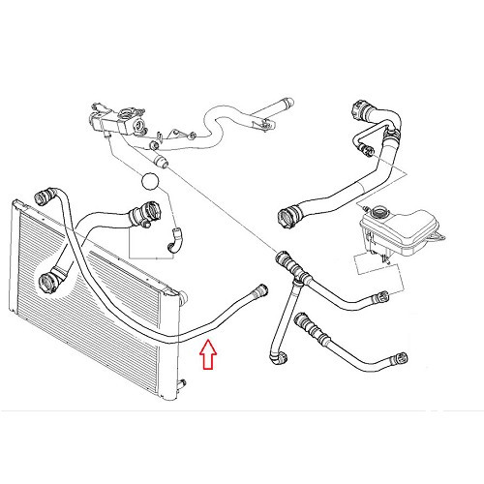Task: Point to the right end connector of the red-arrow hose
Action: pos(258,288)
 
